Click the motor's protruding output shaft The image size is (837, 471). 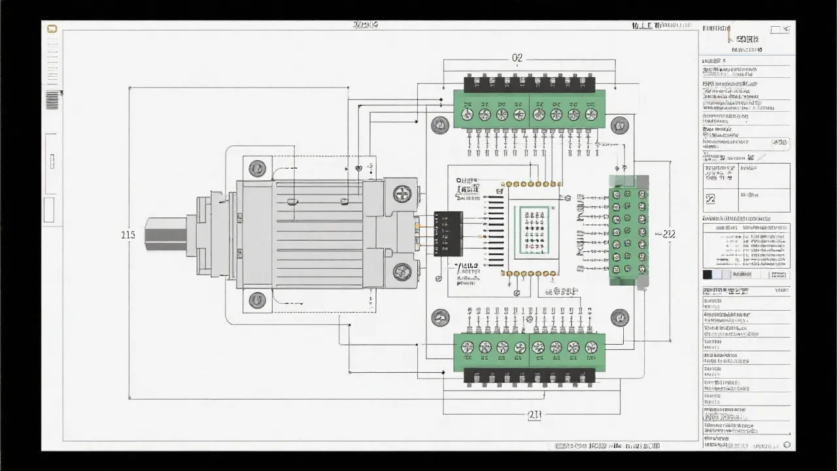165,234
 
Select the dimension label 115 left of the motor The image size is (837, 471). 128,235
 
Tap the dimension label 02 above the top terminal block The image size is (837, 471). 517,58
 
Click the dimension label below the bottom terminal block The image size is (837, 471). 534,414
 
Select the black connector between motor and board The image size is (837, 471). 448,234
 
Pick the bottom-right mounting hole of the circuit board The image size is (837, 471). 619,319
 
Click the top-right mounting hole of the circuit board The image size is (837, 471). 619,125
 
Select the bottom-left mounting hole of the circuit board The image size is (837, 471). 439,319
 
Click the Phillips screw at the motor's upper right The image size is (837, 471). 401,194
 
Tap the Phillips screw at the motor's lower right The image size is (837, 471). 401,271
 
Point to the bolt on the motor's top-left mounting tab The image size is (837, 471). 258,168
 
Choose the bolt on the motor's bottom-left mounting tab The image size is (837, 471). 258,300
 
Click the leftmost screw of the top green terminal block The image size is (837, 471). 467,114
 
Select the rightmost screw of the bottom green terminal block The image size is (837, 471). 591,347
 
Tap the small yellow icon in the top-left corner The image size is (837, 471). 52,29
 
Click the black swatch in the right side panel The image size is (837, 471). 707,275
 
